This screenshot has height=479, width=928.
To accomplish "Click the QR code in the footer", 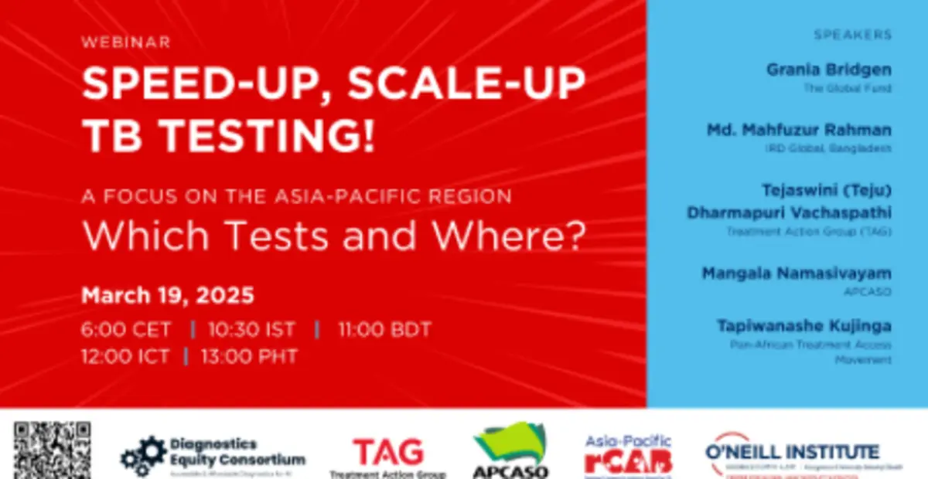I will pyautogui.click(x=52, y=450).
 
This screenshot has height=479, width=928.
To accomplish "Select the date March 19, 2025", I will pyautogui.click(x=168, y=295).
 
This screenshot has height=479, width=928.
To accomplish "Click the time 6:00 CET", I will pyautogui.click(x=126, y=330).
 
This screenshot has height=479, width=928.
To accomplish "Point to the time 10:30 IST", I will pyautogui.click(x=251, y=330).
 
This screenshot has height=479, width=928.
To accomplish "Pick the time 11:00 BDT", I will pyautogui.click(x=384, y=330).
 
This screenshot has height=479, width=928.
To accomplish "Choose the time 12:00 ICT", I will pyautogui.click(x=126, y=357).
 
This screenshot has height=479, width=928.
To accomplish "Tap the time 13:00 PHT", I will pyautogui.click(x=249, y=357).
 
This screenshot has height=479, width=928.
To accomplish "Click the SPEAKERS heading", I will pyautogui.click(x=852, y=35).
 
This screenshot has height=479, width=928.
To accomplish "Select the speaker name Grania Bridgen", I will pyautogui.click(x=829, y=70).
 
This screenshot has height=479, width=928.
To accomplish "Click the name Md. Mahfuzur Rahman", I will pyautogui.click(x=799, y=129).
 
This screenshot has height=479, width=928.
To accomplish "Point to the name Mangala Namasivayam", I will pyautogui.click(x=797, y=273).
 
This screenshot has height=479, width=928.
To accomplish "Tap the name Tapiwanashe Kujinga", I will pyautogui.click(x=804, y=325).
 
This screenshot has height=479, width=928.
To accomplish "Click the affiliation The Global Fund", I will pyautogui.click(x=858, y=88).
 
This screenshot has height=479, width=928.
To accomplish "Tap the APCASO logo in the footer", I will pyautogui.click(x=510, y=451).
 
